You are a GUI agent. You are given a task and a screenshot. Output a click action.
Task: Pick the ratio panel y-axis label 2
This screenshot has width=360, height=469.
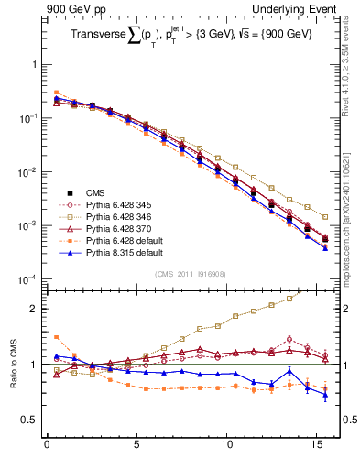pos(34,309)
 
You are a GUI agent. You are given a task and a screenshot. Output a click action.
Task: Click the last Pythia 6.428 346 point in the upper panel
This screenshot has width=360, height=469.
pos(325,217)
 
